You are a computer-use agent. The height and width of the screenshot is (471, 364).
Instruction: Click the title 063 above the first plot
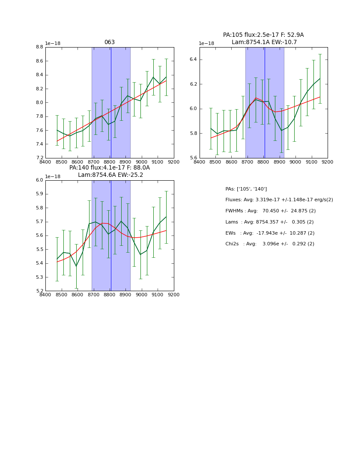coord(110,42)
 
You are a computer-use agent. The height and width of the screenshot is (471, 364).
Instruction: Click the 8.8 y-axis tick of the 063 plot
coord(39,47)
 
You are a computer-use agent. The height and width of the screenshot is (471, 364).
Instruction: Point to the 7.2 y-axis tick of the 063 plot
coord(39,158)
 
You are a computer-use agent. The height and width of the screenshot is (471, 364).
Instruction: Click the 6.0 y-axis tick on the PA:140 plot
coord(39,180)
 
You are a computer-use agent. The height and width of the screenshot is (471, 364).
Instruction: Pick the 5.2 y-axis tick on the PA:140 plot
coord(39,291)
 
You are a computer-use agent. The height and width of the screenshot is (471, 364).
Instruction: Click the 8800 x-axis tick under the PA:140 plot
coord(110,295)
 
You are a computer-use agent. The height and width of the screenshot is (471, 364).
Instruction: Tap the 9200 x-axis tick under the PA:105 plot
coord(328,161)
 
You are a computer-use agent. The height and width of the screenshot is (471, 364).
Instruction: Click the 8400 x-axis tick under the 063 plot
coord(45,161)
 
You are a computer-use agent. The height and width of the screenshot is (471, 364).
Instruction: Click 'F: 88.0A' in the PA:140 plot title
coord(138,168)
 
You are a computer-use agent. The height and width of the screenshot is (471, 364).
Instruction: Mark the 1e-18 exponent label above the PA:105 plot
coord(206,43)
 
